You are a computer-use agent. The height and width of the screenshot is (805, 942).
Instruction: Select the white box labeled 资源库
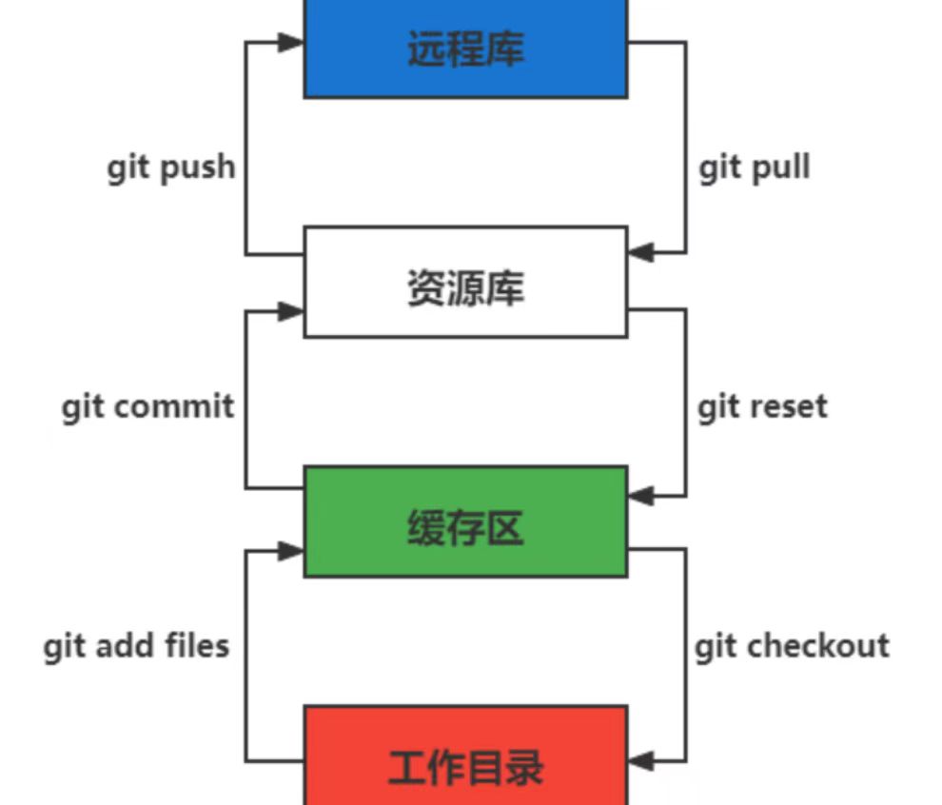pyautogui.click(x=465, y=283)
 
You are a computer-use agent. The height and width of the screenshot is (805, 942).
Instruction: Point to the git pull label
pyautogui.click(x=755, y=168)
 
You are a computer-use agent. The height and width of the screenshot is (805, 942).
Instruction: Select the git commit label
pyautogui.click(x=147, y=407)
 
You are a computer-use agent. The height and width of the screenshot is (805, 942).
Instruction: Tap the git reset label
pyautogui.click(x=762, y=407)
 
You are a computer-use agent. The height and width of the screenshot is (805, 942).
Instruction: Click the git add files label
pyautogui.click(x=136, y=647)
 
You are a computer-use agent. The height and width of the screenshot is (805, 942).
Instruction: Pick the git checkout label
pyautogui.click(x=792, y=647)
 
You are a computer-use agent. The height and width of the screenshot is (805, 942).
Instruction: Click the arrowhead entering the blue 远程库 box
pyautogui.click(x=291, y=42)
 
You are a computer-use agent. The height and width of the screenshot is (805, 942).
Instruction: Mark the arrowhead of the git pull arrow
pyautogui.click(x=640, y=253)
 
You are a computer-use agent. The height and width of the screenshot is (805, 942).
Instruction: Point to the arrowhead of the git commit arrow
pyautogui.click(x=291, y=310)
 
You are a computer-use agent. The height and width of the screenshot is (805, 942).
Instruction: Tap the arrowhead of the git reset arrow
pyautogui.click(x=640, y=496)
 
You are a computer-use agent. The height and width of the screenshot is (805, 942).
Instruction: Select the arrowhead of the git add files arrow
pyautogui.click(x=291, y=550)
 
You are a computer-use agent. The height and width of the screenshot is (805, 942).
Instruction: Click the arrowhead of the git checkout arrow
pyautogui.click(x=640, y=761)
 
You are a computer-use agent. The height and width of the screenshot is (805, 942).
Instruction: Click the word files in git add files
pyautogui.click(x=195, y=646)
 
